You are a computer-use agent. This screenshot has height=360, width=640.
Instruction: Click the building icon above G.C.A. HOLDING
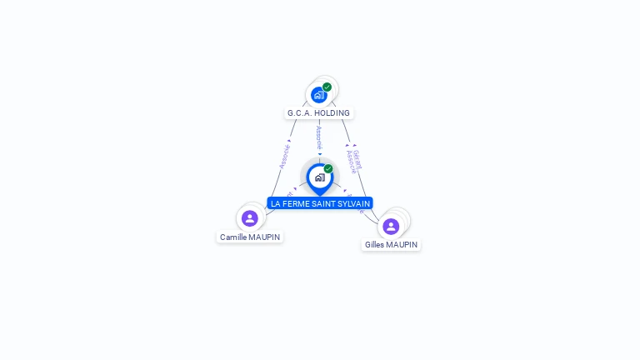[318, 95]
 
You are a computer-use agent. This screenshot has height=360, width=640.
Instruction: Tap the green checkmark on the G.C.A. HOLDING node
[327, 87]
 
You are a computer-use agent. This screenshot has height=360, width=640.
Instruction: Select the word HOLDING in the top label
[332, 113]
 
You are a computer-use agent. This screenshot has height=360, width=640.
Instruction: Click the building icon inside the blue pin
[319, 177]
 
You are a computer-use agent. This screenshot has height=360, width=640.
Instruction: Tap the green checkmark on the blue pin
[328, 168]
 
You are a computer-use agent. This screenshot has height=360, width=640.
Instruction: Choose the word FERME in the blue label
[297, 203]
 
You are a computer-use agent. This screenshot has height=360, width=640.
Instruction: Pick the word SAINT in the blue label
[323, 203]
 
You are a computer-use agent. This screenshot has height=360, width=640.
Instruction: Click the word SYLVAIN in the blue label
[353, 203]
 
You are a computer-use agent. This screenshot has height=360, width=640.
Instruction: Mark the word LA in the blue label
[276, 203]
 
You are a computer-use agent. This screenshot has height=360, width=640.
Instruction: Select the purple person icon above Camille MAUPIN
[249, 218]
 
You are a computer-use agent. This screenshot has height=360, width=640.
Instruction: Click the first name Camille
[233, 237]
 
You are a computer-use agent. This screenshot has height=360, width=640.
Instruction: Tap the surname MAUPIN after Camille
[264, 237]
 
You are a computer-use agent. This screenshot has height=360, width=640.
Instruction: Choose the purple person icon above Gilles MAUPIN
[391, 226]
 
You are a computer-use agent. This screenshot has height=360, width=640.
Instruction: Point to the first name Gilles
[376, 245]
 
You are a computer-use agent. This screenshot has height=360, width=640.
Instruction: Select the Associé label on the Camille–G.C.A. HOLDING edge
[284, 157]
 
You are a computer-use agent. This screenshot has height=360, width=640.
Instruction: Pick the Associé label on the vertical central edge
[319, 138]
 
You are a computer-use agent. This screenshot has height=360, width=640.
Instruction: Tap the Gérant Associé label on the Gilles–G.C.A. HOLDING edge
[355, 160]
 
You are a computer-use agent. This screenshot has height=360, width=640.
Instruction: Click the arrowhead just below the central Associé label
[319, 154]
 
